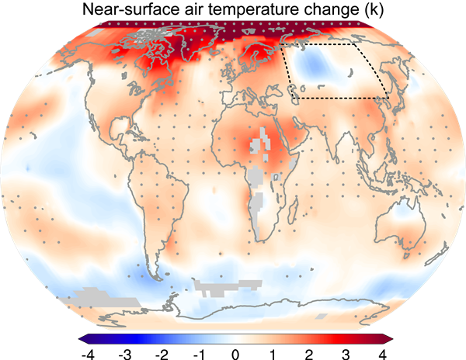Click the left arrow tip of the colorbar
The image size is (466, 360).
tap(79, 338)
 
